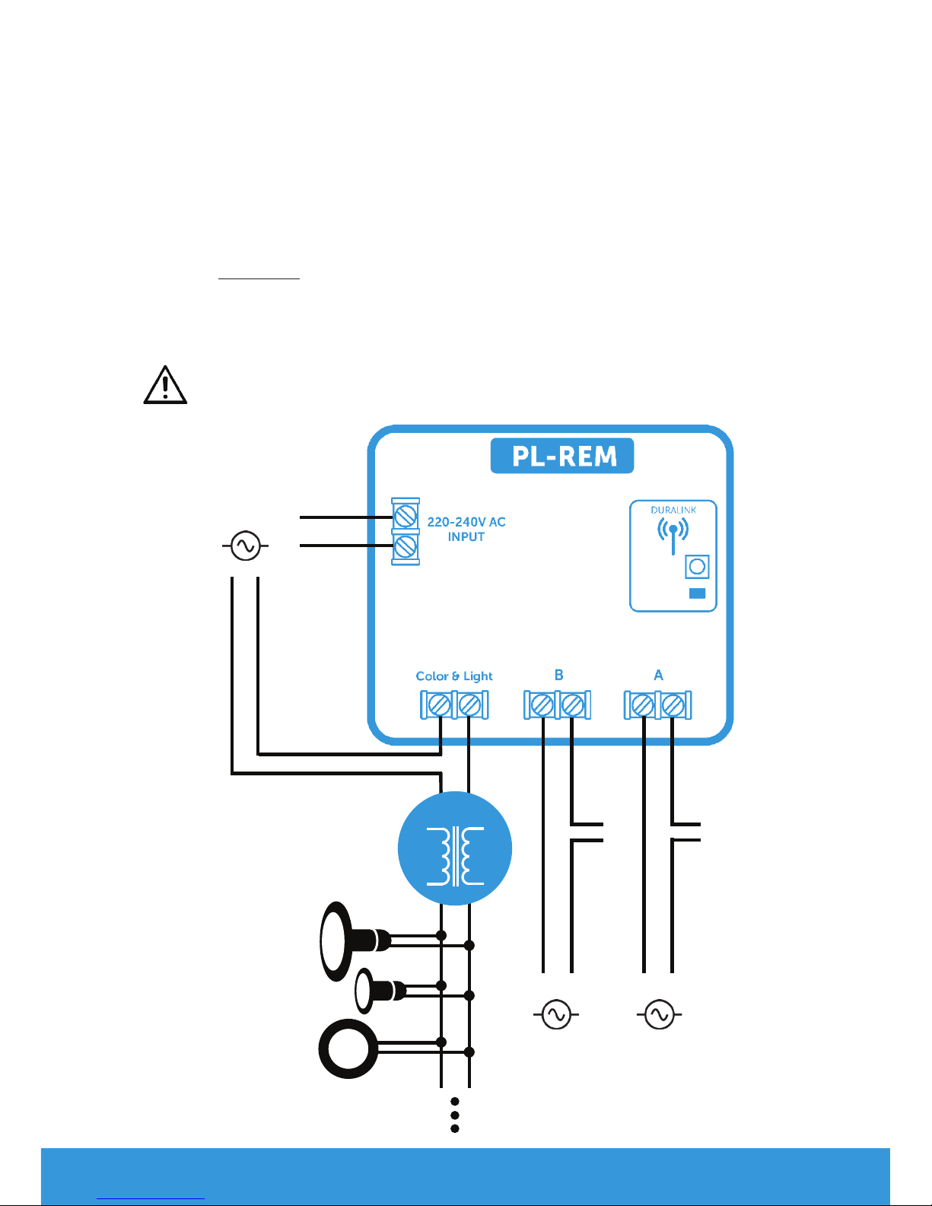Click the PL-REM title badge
pos(561,456)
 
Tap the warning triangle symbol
pos(165,385)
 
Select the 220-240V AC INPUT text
pos(466,529)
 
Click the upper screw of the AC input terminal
pos(406,518)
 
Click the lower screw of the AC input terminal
pos(406,546)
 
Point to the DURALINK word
pos(673,510)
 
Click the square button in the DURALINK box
pos(697,567)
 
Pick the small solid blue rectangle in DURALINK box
pos(697,593)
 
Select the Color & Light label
pos(454,676)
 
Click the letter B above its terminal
pos(558,675)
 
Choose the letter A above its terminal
pos(658,675)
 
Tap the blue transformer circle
pos(455,848)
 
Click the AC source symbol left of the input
pos(245,546)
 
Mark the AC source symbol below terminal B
pos(556,1014)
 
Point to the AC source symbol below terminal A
pos(659,1014)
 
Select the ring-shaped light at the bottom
pos(349,1048)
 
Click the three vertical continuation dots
pos(454,1115)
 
